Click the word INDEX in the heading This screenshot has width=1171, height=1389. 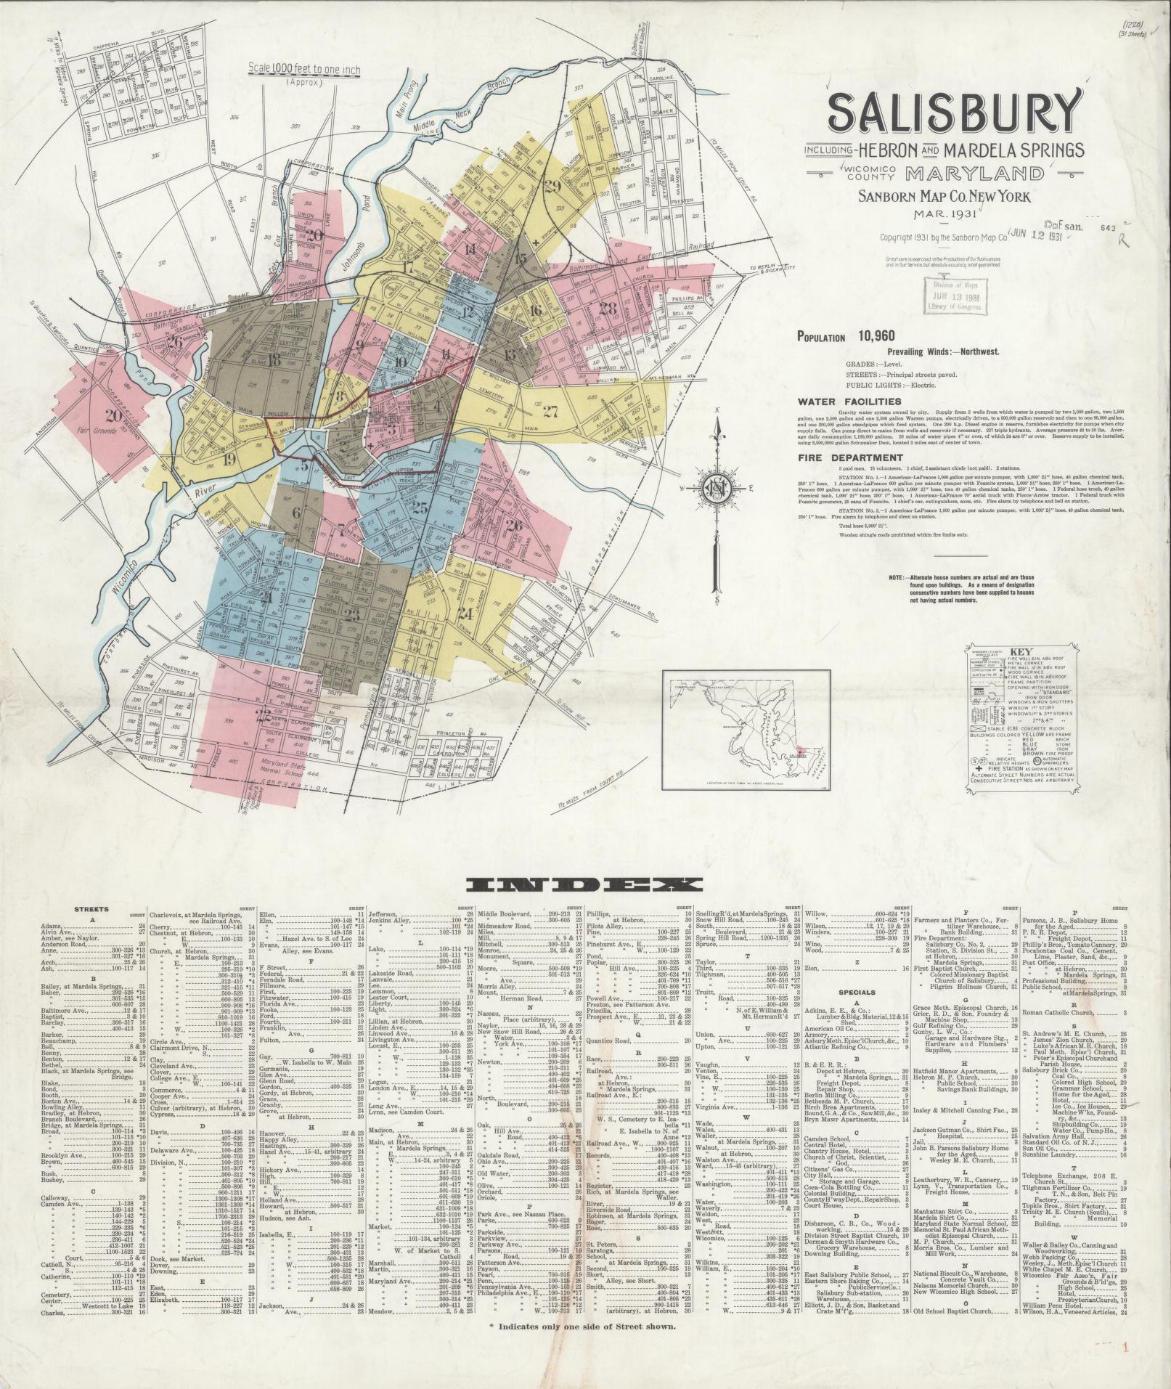tap(585, 884)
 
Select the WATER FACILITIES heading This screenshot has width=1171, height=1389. tap(849, 402)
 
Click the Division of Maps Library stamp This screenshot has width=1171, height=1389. tap(952, 296)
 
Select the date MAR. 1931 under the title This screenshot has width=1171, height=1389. tap(951, 213)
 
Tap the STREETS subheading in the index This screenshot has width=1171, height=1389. tap(91, 909)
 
